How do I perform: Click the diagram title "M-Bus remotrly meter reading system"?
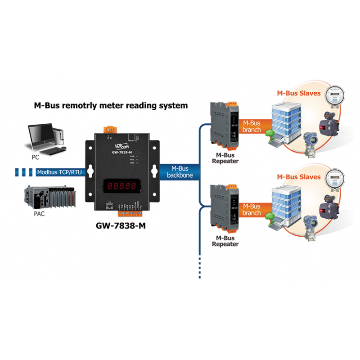click(x=111, y=106)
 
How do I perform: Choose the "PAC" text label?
click(x=39, y=215)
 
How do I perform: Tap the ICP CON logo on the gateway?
click(x=119, y=146)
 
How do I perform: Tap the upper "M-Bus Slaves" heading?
click(x=298, y=94)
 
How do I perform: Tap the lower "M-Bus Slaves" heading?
click(x=298, y=177)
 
